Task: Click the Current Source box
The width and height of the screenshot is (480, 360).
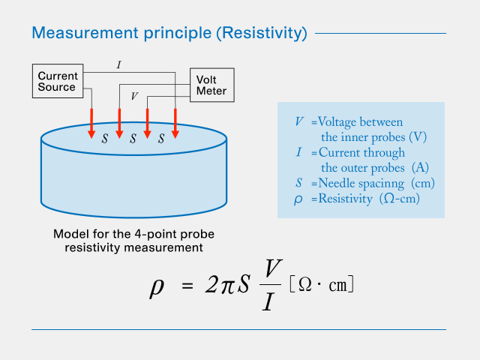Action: coord(57,81)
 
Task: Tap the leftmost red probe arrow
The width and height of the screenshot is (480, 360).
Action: coord(91,123)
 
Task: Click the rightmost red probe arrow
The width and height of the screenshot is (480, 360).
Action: coord(175,123)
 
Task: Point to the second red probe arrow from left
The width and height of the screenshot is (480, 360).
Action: coord(119,123)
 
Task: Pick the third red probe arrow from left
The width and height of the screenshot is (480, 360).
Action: coord(148,123)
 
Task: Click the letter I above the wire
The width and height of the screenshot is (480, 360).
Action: coord(118,65)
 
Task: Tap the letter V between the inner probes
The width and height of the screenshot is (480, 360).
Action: coord(133,96)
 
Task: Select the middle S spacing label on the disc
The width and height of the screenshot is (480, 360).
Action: coord(133,138)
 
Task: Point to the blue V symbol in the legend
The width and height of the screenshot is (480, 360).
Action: coord(299,121)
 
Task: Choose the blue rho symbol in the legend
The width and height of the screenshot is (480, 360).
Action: coord(299,199)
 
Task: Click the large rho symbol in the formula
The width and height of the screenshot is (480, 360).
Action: coord(157,288)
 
